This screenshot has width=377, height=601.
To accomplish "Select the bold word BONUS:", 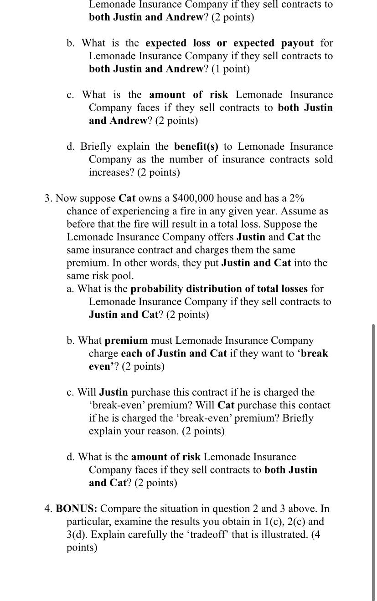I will pyautogui.click(x=76, y=509).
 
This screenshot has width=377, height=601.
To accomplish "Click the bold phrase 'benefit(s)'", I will pyautogui.click(x=196, y=147).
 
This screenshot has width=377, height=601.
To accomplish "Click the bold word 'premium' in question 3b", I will pyautogui.click(x=126, y=341).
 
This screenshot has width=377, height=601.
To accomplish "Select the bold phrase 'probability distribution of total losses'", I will pyautogui.click(x=219, y=289).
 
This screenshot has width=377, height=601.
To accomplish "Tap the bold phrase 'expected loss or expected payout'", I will pyautogui.click(x=229, y=43).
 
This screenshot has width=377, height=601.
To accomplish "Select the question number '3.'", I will pyautogui.click(x=49, y=199).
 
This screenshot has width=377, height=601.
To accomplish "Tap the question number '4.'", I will pyautogui.click(x=48, y=509).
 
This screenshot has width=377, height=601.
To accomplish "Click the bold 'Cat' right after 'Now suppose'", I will pyautogui.click(x=127, y=199).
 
